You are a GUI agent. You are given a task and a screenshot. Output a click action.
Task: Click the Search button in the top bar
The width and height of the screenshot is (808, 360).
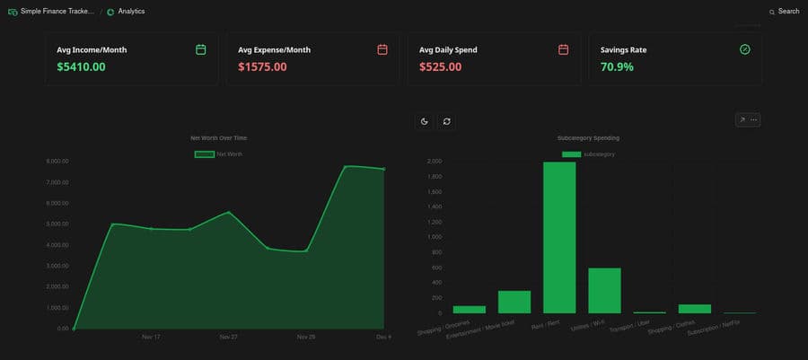click(x=784, y=12)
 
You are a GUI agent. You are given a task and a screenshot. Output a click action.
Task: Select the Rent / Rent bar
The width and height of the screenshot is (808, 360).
click(x=559, y=237)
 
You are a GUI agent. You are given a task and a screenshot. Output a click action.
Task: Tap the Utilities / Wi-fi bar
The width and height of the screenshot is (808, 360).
click(x=604, y=290)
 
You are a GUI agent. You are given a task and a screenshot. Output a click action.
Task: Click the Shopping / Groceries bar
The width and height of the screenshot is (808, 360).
click(x=470, y=309)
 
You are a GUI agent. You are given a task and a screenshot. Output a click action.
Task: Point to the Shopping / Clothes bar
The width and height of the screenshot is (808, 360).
click(x=695, y=308)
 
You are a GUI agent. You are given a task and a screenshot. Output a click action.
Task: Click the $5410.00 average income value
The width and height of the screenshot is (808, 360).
click(x=81, y=66)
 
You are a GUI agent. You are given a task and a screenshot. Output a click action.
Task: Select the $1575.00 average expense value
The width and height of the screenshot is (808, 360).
click(x=262, y=66)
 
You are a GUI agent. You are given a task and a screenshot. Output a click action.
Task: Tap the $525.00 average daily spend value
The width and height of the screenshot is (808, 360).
click(x=440, y=66)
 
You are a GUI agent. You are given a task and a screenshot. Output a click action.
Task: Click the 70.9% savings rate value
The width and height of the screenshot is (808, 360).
click(x=617, y=66)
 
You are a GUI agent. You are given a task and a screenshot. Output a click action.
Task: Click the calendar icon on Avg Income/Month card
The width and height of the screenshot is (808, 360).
click(x=201, y=49)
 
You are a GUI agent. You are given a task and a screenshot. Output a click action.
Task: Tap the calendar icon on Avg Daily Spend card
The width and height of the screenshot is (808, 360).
click(x=563, y=49)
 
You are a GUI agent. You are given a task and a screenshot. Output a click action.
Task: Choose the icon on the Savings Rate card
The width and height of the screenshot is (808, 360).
click(x=744, y=49)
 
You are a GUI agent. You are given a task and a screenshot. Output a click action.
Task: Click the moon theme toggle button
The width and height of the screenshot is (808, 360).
click(x=425, y=121)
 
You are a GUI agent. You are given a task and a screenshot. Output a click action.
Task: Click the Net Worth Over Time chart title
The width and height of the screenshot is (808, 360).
click(x=218, y=138)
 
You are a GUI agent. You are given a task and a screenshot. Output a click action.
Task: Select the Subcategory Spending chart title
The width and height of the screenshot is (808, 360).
click(x=588, y=138)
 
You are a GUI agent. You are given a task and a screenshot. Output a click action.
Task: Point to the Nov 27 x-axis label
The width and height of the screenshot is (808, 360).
click(x=228, y=337)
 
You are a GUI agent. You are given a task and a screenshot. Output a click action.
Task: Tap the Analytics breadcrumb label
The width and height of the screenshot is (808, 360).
click(x=131, y=12)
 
